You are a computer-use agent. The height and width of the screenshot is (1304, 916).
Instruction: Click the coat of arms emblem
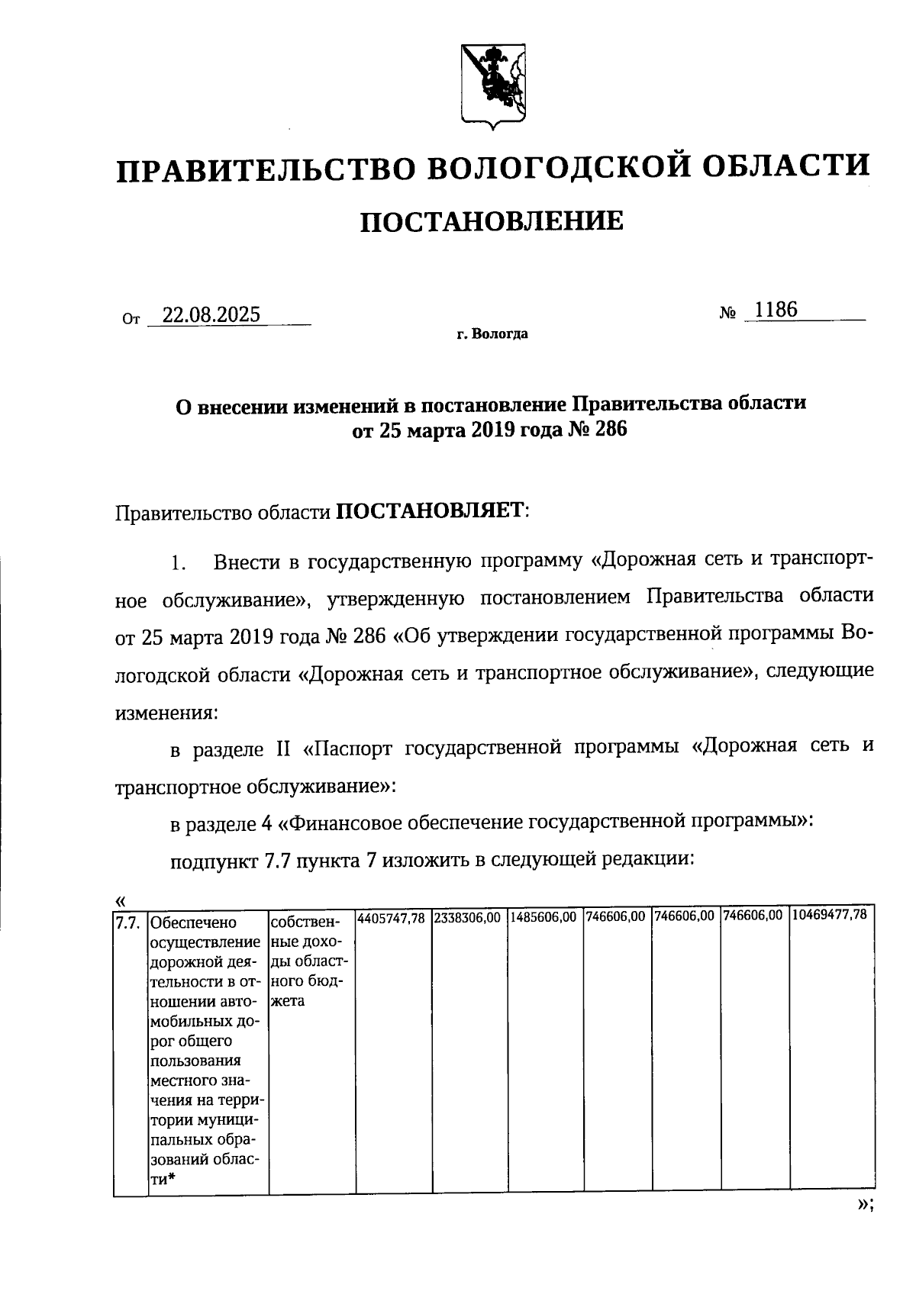click(493, 84)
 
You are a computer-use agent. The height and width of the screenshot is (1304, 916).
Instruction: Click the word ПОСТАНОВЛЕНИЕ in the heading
click(491, 221)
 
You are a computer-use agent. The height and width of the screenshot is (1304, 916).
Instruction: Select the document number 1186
click(775, 310)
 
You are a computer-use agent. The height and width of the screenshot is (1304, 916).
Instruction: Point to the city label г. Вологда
click(492, 334)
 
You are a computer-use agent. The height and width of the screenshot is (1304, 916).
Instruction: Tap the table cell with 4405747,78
click(392, 916)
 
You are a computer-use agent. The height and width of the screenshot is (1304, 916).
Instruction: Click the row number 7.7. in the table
click(127, 924)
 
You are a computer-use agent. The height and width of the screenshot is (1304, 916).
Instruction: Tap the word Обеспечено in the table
click(194, 925)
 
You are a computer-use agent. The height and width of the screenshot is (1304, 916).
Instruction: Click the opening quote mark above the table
click(120, 899)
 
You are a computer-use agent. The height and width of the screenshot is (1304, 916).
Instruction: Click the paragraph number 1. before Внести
click(178, 565)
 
